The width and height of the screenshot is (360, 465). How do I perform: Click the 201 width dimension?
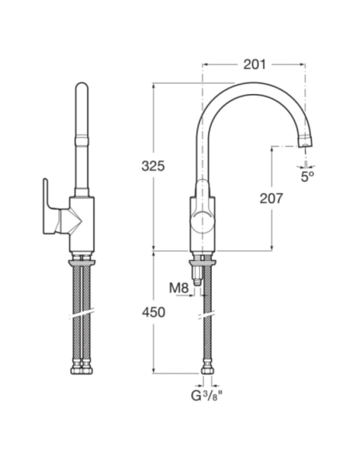(254, 64)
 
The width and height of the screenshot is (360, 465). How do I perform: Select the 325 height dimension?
(153, 166)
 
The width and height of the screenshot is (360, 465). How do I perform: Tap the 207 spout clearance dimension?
(271, 199)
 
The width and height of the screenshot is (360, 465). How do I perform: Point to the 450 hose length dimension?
(153, 312)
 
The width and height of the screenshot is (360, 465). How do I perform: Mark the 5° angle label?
(307, 177)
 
